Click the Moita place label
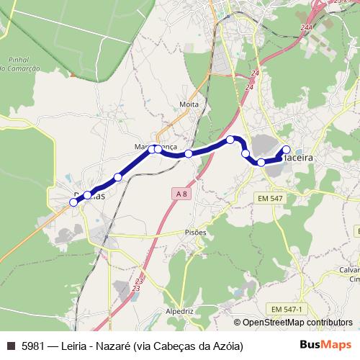(189, 104)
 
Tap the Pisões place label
(195, 233)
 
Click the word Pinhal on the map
(17, 59)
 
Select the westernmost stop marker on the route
(74, 203)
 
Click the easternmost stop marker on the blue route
(287, 150)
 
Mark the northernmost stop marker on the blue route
(230, 140)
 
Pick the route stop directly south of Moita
(189, 153)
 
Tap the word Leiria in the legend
(78, 346)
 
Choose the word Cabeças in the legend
(177, 346)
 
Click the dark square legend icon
(10, 346)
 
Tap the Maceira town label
(301, 156)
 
